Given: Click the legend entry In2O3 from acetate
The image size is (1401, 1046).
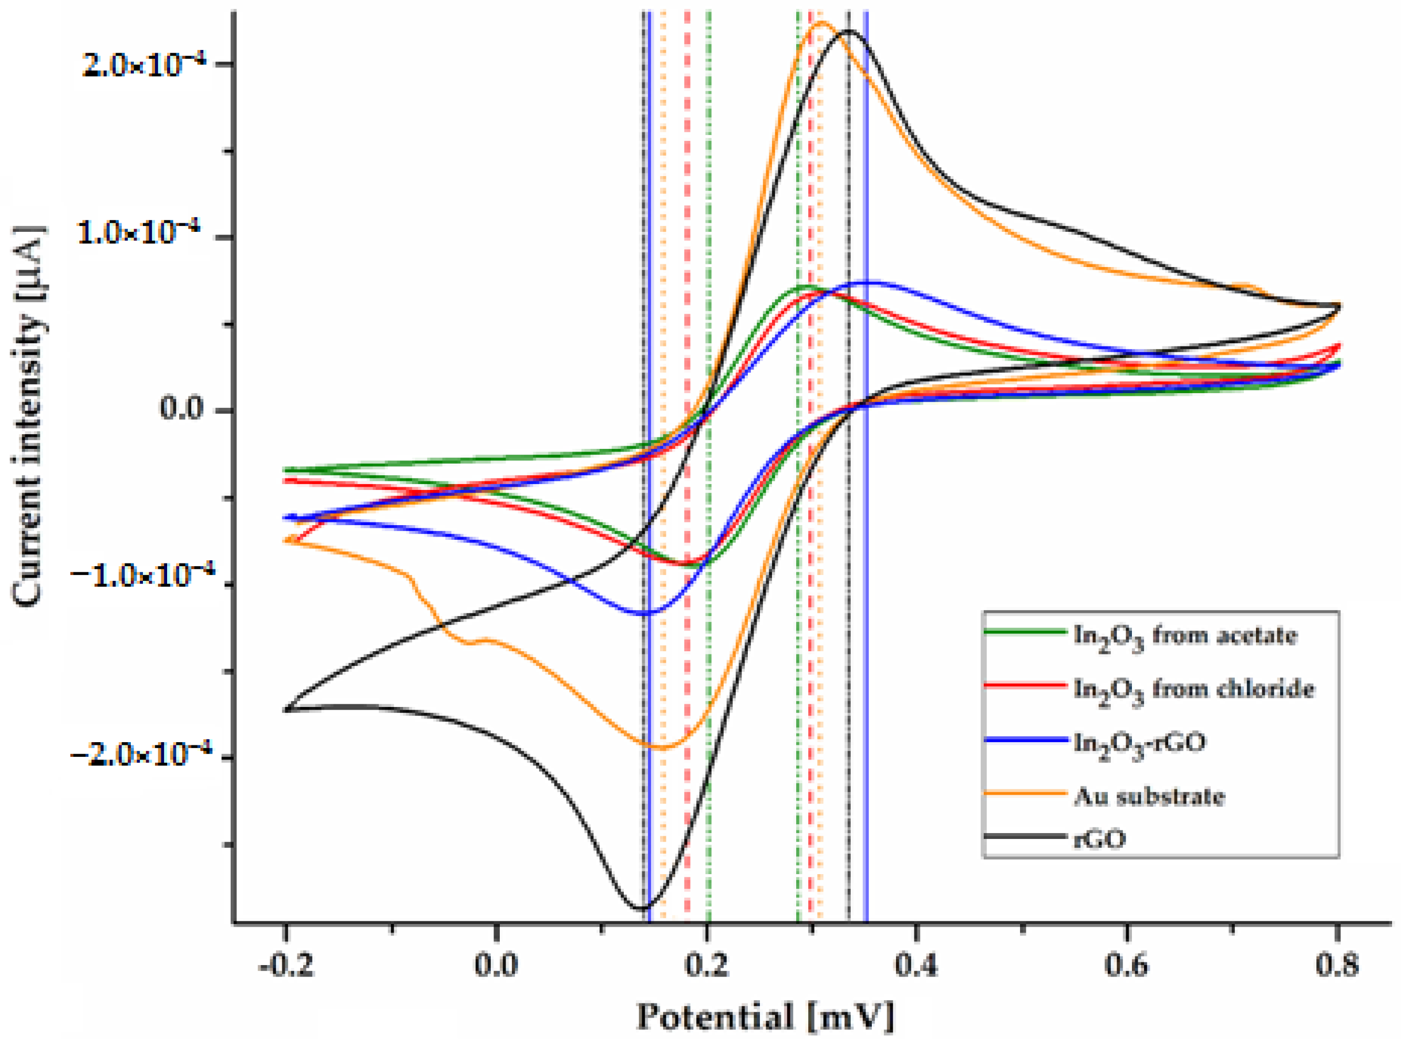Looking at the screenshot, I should pos(1184,635).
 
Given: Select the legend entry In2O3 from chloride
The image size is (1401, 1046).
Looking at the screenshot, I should pos(1193,688).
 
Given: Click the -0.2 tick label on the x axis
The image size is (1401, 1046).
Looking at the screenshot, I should pos(286,966).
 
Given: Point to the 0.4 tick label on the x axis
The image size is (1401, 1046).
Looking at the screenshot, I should pos(916,966).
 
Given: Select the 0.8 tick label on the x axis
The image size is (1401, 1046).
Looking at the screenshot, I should pos(1336,966).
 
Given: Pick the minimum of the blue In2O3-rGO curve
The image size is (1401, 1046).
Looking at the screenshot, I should pos(646,613).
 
